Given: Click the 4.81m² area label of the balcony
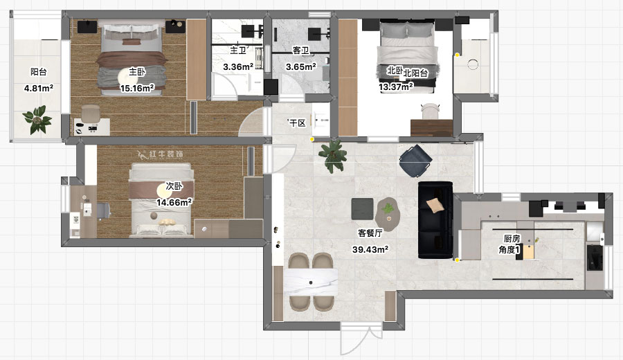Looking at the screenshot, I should click(x=39, y=88).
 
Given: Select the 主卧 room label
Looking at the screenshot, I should click(x=137, y=71).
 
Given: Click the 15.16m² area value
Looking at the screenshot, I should click(x=137, y=88).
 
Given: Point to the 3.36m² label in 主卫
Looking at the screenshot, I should click(x=237, y=67).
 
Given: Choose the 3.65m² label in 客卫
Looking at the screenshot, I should click(x=301, y=67).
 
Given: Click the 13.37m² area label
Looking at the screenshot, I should click(x=396, y=87).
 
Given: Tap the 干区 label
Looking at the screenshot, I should click(x=298, y=123).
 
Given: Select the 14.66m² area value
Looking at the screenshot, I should click(x=174, y=202).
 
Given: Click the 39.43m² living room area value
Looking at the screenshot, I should click(x=370, y=249).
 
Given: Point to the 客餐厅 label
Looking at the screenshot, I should click(x=370, y=233).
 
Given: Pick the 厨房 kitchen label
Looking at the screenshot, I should click(x=513, y=239).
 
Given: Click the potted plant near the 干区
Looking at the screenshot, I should click(x=334, y=153).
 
